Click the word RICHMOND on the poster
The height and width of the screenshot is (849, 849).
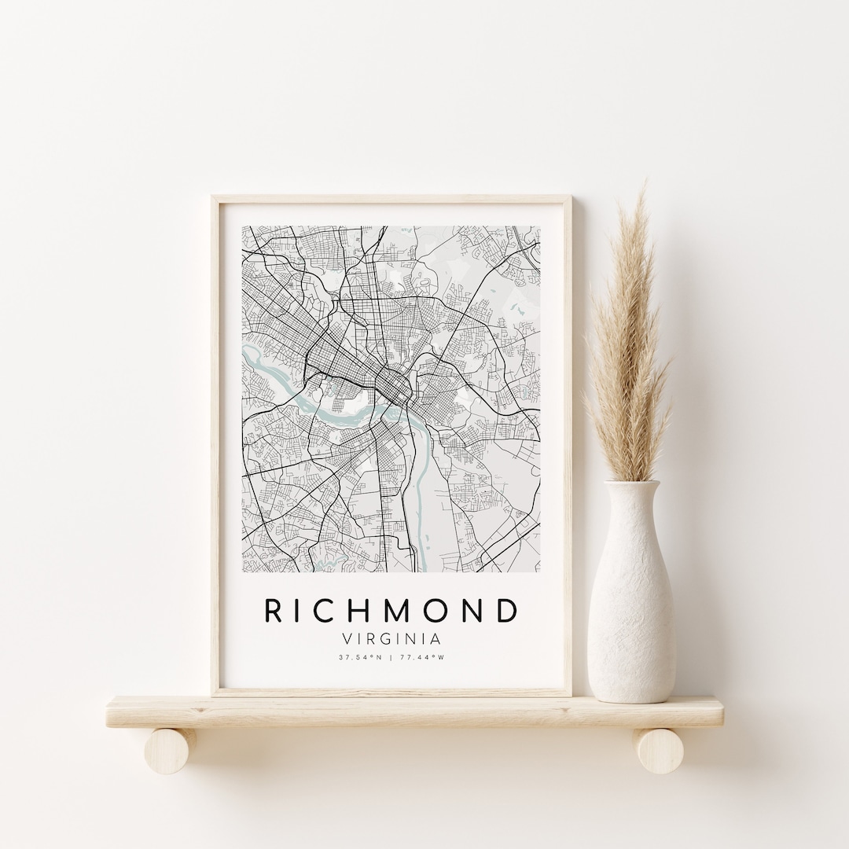tap(391, 610)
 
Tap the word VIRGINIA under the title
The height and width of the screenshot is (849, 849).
tap(391, 639)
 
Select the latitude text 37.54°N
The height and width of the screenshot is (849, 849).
tap(360, 657)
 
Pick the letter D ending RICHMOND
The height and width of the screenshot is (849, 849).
tap(509, 610)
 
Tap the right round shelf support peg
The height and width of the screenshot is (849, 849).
tap(659, 751)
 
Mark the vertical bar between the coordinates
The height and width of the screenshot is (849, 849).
tap(392, 657)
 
